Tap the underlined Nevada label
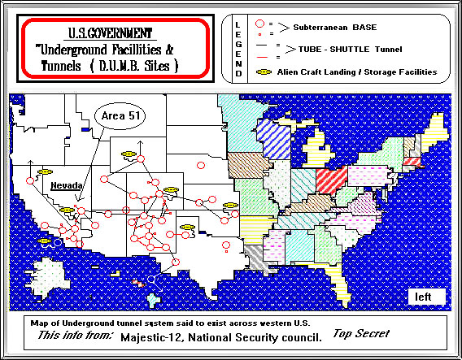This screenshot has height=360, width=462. click(64, 185)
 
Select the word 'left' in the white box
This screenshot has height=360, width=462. click(423, 297)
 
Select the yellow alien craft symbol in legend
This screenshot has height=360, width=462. click(262, 72)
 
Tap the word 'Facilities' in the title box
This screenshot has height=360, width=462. click(142, 49)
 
